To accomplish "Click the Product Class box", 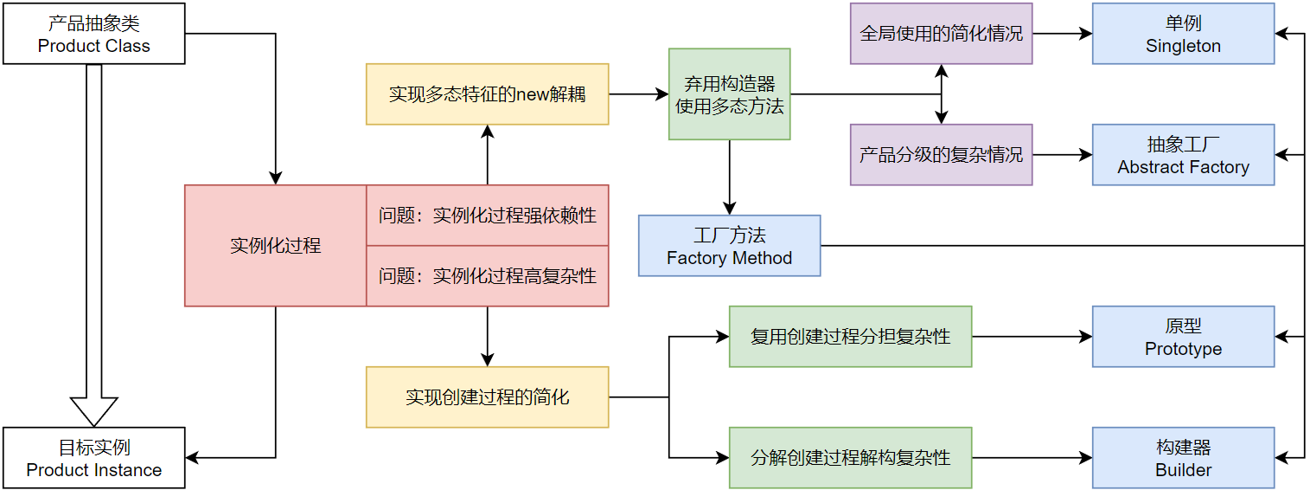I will (x=93, y=34).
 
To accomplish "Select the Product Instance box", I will (x=93, y=458).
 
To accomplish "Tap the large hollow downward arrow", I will (x=93, y=242).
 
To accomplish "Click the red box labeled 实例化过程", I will (x=275, y=246).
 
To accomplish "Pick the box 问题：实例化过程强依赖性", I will (x=487, y=216).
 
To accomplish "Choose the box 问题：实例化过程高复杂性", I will (x=487, y=276).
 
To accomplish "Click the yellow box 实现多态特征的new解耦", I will (x=487, y=94).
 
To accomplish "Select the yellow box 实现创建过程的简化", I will (x=487, y=397).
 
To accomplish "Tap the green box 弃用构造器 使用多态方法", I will (x=729, y=94).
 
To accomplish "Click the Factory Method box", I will (x=729, y=246).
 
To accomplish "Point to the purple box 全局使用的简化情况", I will (x=941, y=34).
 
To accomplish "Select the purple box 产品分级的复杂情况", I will (x=941, y=155).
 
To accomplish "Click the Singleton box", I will (x=1183, y=34).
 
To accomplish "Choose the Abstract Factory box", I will (x=1183, y=155).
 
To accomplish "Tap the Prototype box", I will (x=1183, y=337).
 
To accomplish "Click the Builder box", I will (x=1183, y=458).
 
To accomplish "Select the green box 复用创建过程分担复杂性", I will (x=850, y=337).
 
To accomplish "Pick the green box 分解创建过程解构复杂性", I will (x=850, y=458).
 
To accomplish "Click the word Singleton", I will (x=1183, y=47).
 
